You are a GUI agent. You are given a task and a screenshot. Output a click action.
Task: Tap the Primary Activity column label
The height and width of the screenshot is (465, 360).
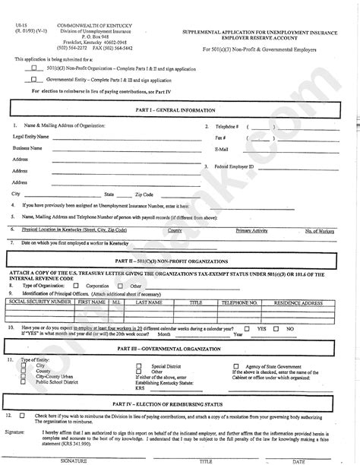tap(251, 229)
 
